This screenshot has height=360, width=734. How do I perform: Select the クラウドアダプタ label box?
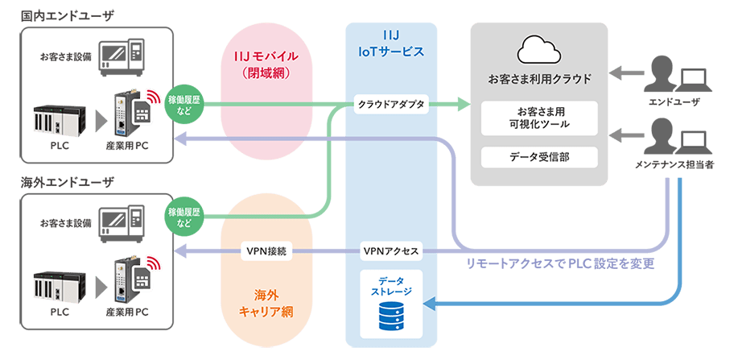(391, 104)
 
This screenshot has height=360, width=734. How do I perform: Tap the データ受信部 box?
(539, 156)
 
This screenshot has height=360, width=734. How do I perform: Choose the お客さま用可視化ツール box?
(539, 118)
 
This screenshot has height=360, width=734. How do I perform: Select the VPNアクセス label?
(391, 251)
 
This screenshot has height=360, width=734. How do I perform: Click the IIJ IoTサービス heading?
(391, 45)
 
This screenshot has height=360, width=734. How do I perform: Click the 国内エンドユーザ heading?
(56, 14)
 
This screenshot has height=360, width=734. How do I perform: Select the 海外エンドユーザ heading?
(56, 183)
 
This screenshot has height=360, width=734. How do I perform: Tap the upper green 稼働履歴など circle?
(183, 105)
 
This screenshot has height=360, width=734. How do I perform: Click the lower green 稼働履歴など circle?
(183, 215)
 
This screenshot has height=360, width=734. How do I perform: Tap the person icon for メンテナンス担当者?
(662, 137)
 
